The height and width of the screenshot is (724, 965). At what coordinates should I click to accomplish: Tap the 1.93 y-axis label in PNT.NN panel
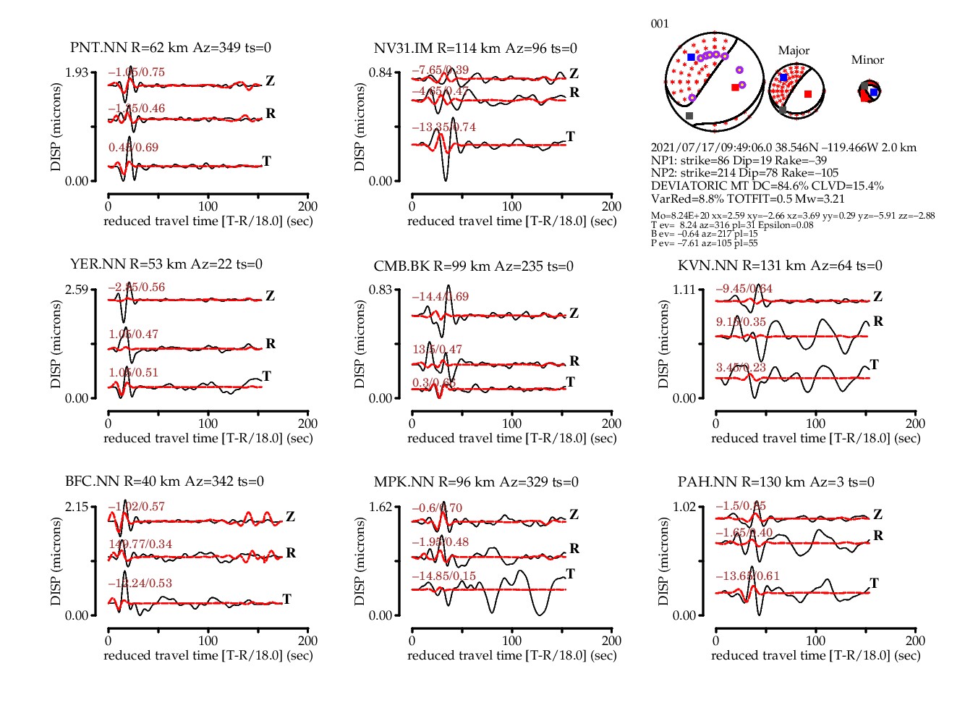77,72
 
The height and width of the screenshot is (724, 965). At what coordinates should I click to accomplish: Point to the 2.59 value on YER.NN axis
77,290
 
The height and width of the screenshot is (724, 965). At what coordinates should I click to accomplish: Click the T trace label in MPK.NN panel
571,574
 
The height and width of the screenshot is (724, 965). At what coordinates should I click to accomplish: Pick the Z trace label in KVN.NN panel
877,297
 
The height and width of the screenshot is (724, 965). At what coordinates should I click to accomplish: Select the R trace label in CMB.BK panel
574,361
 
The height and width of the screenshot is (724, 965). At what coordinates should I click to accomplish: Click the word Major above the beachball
794,51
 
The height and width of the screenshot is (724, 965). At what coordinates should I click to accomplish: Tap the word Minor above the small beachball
867,60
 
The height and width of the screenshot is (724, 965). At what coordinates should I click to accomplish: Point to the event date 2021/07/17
680,148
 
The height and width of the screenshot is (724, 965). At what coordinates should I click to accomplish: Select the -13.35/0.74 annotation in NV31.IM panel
444,127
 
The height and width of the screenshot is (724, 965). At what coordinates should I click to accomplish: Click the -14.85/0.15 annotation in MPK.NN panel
444,576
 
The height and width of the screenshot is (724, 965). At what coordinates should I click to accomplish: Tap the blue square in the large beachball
691,57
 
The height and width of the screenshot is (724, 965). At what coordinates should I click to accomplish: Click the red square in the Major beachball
808,94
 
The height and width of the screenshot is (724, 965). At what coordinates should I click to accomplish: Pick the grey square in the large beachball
689,116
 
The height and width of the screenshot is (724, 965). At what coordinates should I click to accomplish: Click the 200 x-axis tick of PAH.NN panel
915,641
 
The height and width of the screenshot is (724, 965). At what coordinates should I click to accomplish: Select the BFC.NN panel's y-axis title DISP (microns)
56,561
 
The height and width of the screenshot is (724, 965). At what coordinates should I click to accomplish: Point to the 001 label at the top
660,24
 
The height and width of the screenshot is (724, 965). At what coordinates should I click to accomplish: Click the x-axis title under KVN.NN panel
815,438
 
